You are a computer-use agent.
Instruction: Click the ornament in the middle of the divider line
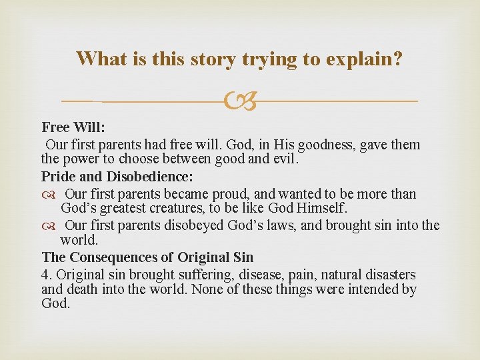click(240, 101)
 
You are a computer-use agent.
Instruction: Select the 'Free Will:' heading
click(73, 127)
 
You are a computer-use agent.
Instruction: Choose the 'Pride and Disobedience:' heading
click(117, 177)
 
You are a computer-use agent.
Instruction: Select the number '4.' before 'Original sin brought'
click(47, 275)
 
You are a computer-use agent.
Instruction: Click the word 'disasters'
click(389, 275)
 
